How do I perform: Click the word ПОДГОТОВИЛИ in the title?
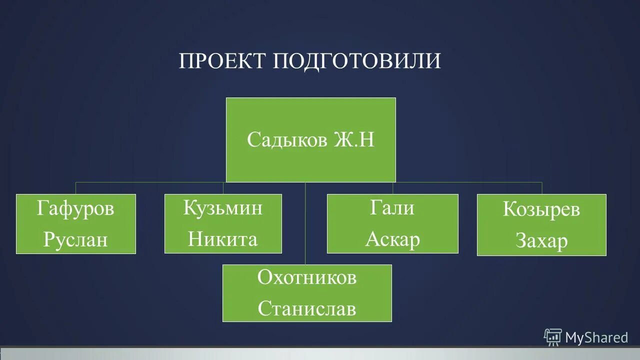356,61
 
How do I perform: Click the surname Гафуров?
75,208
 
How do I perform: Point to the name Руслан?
75,239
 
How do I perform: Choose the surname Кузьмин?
222,207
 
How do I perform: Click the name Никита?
222,239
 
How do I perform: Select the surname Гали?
392,207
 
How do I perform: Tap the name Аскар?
392,239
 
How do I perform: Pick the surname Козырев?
541,209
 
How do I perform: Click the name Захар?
541,241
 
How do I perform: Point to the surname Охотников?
306,277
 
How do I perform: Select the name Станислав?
306,308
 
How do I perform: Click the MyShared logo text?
596,338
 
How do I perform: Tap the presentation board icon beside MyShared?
553,337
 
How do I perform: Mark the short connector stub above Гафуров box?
76,188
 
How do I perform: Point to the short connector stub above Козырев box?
542,188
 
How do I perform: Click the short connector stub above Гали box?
392,188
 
